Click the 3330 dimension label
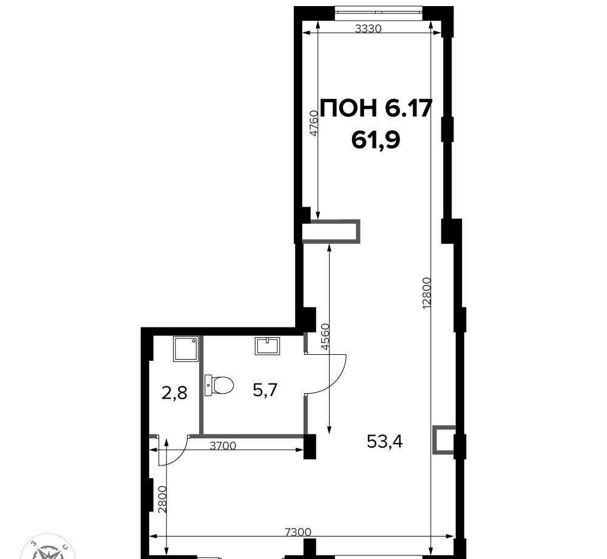pos(368,29)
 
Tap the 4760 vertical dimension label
pos(314,123)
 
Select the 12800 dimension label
pos(426,293)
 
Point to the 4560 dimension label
pos(325,337)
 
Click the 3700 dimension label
pos(223,446)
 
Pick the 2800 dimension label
pos(163,499)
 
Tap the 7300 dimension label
pos(297,532)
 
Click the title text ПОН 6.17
pos(376,108)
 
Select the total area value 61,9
pos(376,140)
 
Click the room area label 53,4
pos(385,441)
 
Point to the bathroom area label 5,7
pos(266,389)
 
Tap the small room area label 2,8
pos(174,393)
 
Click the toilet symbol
pos(219,385)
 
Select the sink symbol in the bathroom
pos(267,346)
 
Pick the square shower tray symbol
pos(186,349)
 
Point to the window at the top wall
pos(378,11)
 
